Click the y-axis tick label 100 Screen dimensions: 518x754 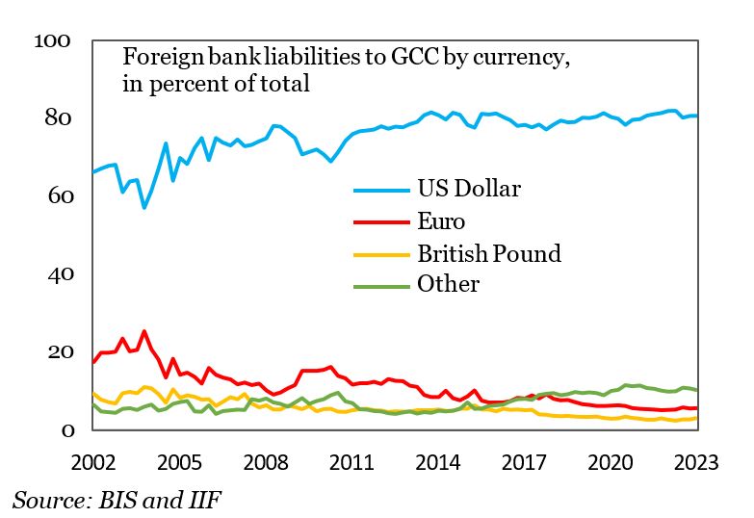[53, 40]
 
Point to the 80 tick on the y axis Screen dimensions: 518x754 [59, 118]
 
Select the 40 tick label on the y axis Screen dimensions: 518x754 [59, 274]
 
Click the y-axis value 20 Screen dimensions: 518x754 [59, 352]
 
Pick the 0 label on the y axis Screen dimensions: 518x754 [65, 430]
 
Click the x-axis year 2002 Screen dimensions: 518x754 [92, 461]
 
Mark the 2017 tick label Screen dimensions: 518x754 [524, 461]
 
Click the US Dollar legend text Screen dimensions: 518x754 [468, 188]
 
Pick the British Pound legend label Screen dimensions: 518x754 [488, 254]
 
